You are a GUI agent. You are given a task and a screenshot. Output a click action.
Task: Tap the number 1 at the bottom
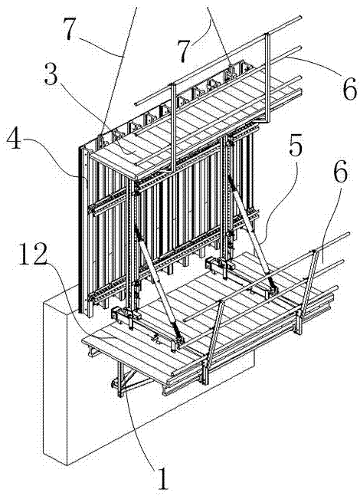click(162, 478)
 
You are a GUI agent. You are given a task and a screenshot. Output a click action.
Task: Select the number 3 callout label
click(52, 74)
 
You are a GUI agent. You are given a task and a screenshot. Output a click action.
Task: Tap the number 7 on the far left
click(70, 29)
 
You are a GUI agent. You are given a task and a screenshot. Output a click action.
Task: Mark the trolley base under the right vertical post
click(220, 262)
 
